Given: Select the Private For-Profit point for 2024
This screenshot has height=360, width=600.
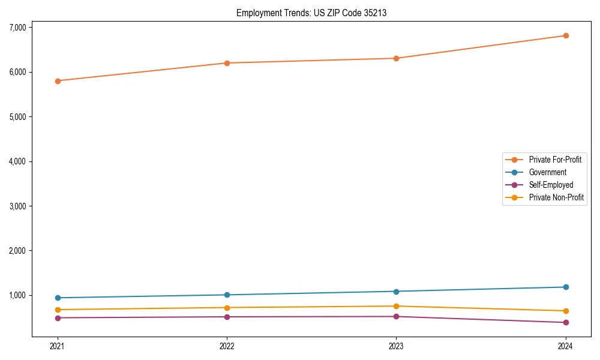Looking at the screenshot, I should tap(566, 35).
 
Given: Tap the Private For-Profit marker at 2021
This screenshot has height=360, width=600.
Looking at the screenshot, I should tap(58, 80).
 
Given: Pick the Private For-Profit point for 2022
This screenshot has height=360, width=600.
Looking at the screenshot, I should tap(227, 63).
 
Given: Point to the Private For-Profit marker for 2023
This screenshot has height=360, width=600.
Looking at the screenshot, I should tap(397, 58).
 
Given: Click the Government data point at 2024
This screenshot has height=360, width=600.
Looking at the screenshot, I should tap(566, 287).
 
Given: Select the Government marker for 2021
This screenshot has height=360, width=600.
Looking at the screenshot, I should tap(58, 298).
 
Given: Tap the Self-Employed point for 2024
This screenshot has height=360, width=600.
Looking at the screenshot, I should tap(566, 322).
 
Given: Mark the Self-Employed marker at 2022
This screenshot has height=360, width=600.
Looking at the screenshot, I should tap(227, 317).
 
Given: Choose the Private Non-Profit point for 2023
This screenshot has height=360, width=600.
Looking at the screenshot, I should tap(397, 306).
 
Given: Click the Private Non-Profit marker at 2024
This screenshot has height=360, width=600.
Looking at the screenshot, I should tap(566, 311).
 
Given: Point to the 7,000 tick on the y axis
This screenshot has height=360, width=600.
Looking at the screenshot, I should tap(17, 27).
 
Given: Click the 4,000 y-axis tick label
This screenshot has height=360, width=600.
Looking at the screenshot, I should tap(17, 161).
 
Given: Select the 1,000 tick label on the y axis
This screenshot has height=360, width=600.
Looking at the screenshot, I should tap(17, 295).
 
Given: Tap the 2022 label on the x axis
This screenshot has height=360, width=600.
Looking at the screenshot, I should tap(227, 346).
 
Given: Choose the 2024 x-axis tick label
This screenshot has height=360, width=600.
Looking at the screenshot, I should tap(566, 346).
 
